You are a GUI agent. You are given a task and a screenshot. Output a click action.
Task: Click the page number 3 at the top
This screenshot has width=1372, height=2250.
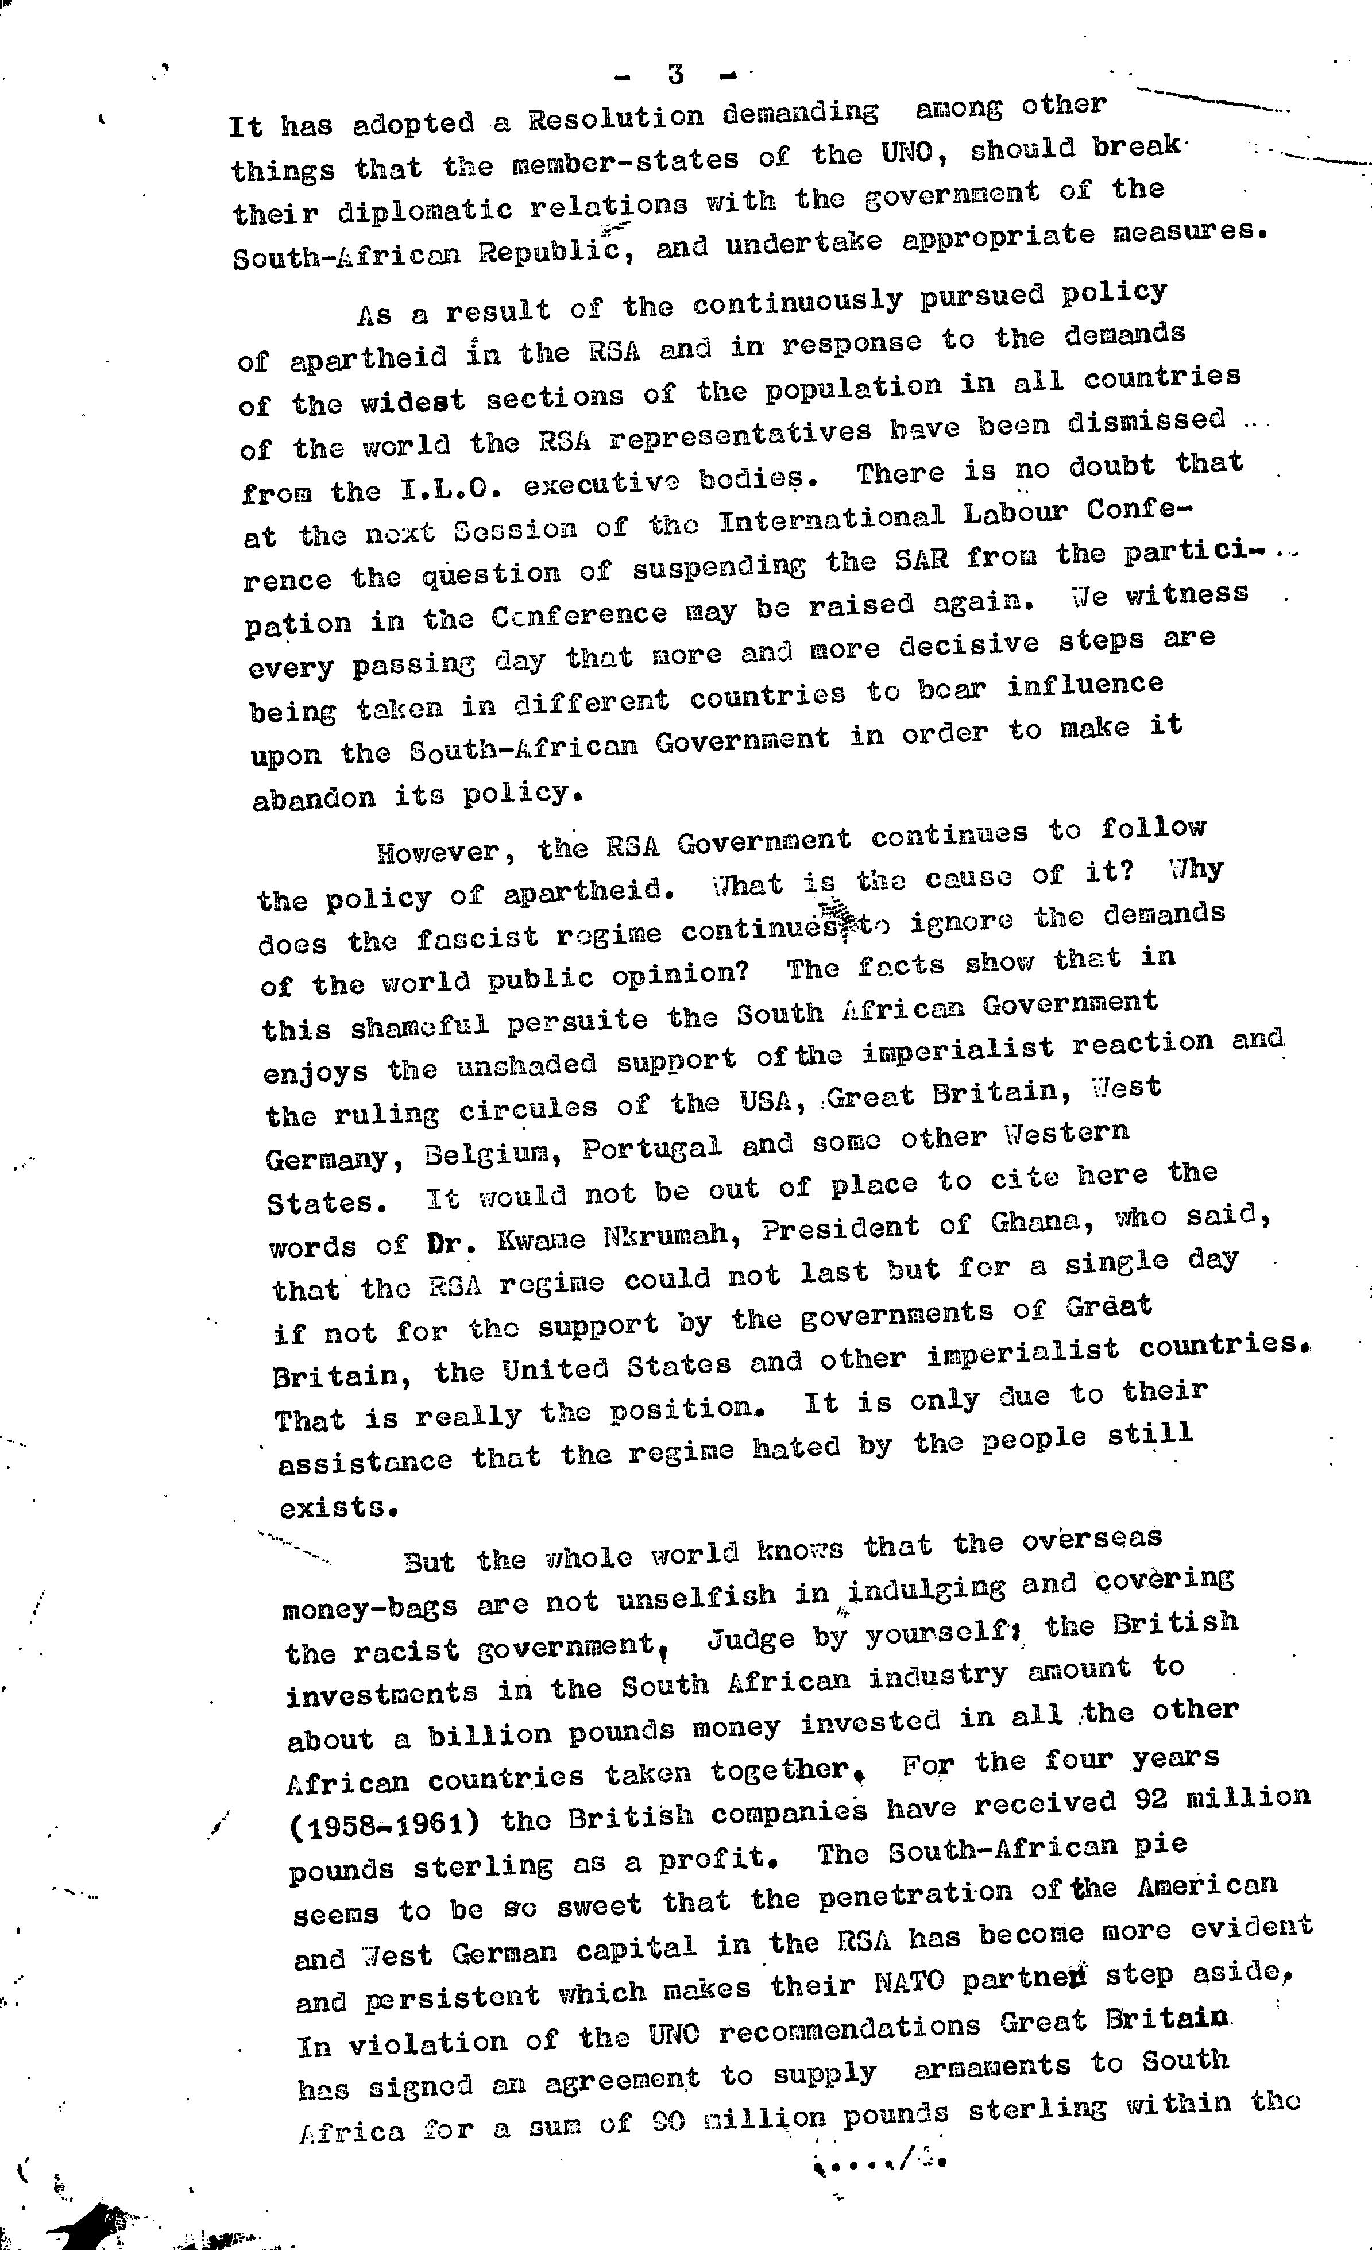[x=676, y=74]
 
